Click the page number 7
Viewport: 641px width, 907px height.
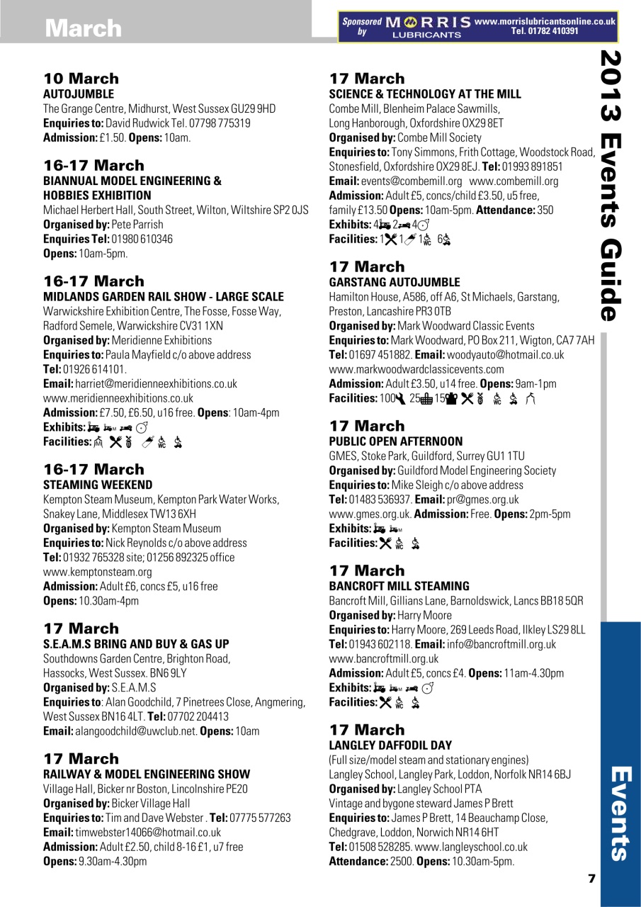(x=591, y=879)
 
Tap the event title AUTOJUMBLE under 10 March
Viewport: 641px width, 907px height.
(x=79, y=94)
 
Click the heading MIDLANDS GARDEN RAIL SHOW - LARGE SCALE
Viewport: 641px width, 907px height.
(x=164, y=297)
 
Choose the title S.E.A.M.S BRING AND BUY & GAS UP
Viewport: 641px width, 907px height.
(x=137, y=644)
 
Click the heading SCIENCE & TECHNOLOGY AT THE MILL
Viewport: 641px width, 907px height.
(x=425, y=94)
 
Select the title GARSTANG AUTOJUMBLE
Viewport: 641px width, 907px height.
(x=395, y=282)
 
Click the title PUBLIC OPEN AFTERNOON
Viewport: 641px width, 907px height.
(x=396, y=441)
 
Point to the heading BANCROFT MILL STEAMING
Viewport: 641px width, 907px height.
(x=399, y=586)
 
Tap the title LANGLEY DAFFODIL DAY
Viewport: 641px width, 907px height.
(x=390, y=745)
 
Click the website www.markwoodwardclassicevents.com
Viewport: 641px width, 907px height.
(x=416, y=369)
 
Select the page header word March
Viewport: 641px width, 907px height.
(x=83, y=28)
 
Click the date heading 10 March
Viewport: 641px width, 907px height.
(x=81, y=78)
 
